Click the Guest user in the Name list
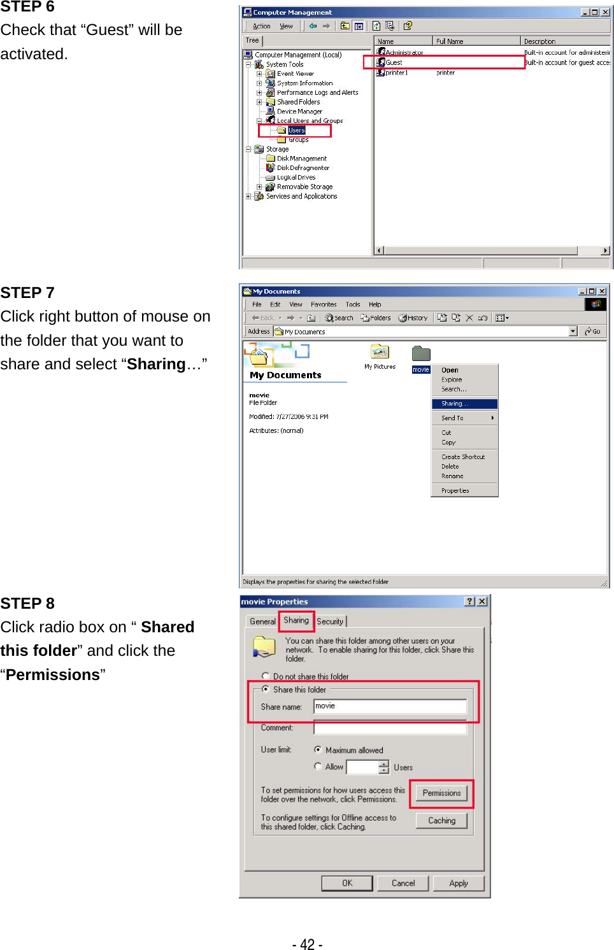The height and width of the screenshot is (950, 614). pyautogui.click(x=394, y=62)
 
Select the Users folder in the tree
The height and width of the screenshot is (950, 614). pyautogui.click(x=296, y=131)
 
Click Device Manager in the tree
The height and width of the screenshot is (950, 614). pyautogui.click(x=299, y=111)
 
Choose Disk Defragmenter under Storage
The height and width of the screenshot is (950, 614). pyautogui.click(x=303, y=168)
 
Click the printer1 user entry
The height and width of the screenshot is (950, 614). pyautogui.click(x=396, y=73)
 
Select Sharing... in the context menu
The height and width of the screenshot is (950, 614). pyautogui.click(x=454, y=404)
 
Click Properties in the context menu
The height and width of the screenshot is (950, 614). pyautogui.click(x=455, y=491)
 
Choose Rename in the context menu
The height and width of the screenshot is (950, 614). pyautogui.click(x=452, y=476)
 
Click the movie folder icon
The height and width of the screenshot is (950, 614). pyautogui.click(x=421, y=354)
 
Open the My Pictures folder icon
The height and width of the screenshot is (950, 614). pyautogui.click(x=380, y=352)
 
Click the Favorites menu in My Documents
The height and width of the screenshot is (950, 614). pyautogui.click(x=324, y=304)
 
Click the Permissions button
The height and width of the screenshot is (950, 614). pyautogui.click(x=441, y=793)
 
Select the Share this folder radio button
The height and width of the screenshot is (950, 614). pyautogui.click(x=266, y=689)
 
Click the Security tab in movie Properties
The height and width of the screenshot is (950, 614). pyautogui.click(x=330, y=621)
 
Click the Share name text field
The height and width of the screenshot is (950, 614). pyautogui.click(x=390, y=706)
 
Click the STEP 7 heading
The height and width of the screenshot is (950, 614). pyautogui.click(x=27, y=293)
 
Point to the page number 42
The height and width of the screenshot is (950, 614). pyautogui.click(x=307, y=944)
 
